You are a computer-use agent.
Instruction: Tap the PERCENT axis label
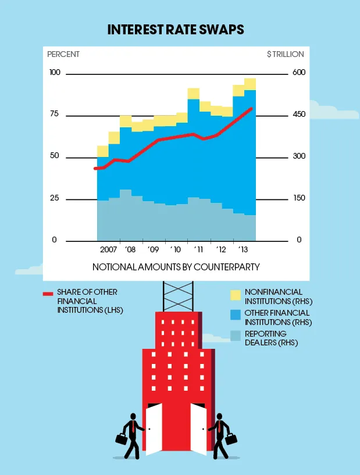click(63, 54)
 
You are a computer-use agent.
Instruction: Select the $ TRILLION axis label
click(285, 54)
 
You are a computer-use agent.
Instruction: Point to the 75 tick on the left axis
click(55, 114)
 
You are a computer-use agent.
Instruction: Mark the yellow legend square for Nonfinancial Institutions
click(235, 295)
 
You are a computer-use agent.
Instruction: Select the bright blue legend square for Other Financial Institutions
click(235, 315)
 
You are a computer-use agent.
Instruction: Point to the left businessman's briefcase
click(121, 439)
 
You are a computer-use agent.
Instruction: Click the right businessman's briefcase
click(231, 438)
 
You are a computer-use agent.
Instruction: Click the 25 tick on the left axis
click(55, 198)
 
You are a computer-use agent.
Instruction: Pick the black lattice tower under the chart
click(178, 296)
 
